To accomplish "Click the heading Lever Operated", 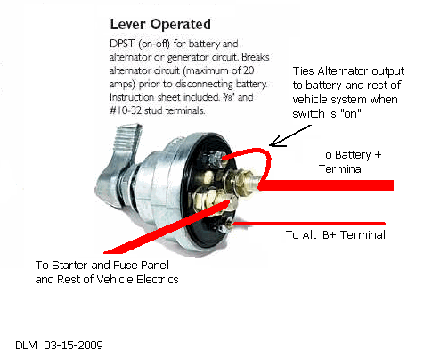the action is click(160, 24).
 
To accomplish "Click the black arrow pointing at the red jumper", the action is click(290, 135).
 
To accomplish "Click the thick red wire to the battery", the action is click(326, 185).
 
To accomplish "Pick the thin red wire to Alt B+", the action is click(309, 224).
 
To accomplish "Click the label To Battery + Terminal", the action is click(350, 161).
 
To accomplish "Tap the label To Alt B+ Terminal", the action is click(336, 235).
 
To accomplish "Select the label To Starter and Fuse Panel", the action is click(102, 265).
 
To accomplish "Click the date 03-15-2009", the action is click(73, 345).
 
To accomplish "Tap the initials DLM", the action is click(26, 345).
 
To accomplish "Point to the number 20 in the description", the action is click(249, 70).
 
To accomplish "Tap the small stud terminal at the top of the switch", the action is click(216, 159).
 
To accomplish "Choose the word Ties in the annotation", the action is click(304, 71).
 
